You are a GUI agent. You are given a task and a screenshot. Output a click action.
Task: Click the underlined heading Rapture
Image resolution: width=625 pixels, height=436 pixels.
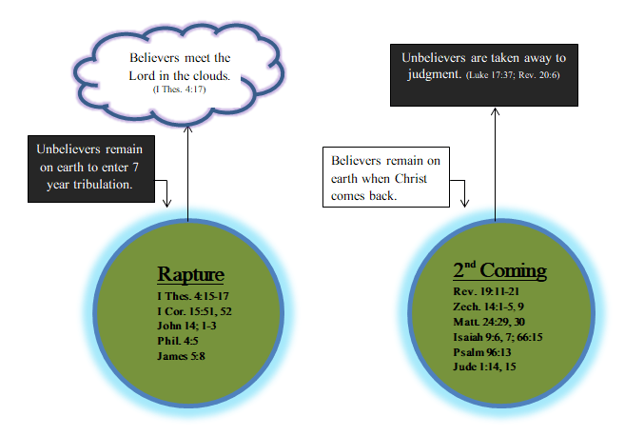pyautogui.click(x=190, y=274)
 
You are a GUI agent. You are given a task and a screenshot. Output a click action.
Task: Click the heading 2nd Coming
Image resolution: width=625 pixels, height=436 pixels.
pyautogui.click(x=499, y=270)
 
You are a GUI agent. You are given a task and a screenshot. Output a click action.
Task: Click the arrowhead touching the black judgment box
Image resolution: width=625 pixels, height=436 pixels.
pyautogui.click(x=496, y=110)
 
